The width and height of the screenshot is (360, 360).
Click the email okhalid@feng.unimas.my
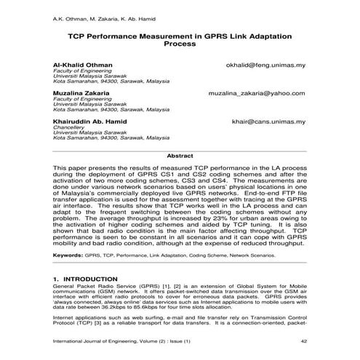[x=265, y=64]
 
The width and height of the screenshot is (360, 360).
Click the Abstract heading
[x=180, y=156]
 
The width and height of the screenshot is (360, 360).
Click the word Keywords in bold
[x=68, y=256]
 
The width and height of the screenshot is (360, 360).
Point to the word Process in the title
[x=180, y=44]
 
